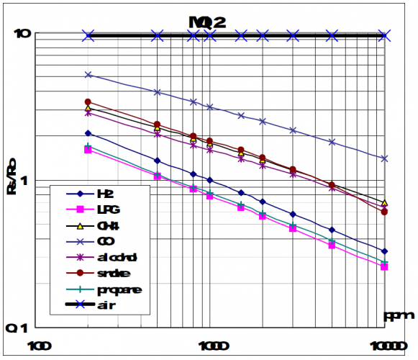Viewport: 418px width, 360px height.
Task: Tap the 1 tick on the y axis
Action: pos(24,180)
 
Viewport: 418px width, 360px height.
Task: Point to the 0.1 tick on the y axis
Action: pos(20,328)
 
